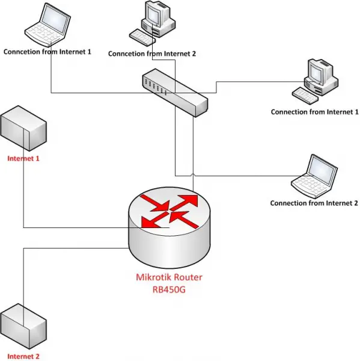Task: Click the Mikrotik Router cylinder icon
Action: (x=169, y=227)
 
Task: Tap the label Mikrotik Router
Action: (x=169, y=277)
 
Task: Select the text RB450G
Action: (x=169, y=289)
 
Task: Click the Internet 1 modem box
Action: (x=23, y=128)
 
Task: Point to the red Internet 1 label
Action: (x=23, y=158)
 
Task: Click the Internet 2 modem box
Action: (x=23, y=326)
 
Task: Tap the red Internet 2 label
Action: (x=23, y=356)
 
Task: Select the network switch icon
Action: (x=175, y=93)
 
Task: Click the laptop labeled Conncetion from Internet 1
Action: (x=47, y=25)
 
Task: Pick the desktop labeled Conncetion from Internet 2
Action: (x=152, y=23)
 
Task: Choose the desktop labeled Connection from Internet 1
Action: (x=315, y=81)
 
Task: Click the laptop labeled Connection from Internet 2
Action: (x=314, y=176)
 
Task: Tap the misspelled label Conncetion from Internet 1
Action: (x=47, y=52)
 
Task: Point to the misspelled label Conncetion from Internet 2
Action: (x=152, y=54)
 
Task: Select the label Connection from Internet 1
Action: (x=315, y=112)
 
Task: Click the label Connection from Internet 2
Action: (x=314, y=203)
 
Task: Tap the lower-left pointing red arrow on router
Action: (x=154, y=220)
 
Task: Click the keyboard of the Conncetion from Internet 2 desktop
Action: (x=142, y=37)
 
